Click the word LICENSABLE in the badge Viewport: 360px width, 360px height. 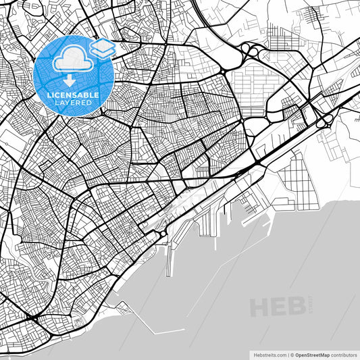click(73, 95)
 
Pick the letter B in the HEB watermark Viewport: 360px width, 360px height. click(296, 307)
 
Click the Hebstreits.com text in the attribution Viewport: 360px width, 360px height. click(269, 354)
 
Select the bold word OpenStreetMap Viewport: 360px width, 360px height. click(312, 354)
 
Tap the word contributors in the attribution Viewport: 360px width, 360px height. click(344, 354)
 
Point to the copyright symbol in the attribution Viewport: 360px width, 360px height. click(292, 354)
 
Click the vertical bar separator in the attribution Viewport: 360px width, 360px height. click(287, 354)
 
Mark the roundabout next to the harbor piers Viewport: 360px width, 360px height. click(163, 234)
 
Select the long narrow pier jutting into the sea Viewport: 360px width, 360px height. click(169, 260)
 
